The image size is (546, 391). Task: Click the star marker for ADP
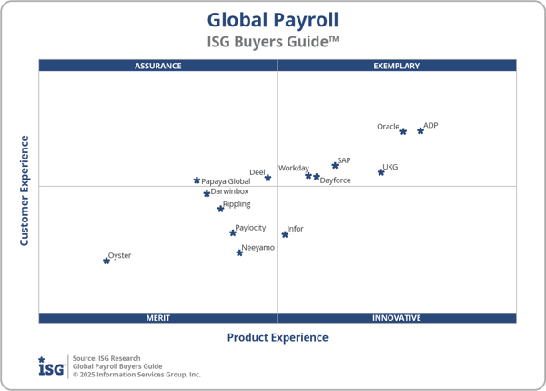pyautogui.click(x=420, y=131)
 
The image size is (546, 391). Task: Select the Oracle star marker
pyautogui.click(x=403, y=132)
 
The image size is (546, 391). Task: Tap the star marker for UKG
pyautogui.click(x=381, y=172)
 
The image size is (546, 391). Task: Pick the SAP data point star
pyautogui.click(x=335, y=166)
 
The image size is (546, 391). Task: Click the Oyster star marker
pyautogui.click(x=106, y=261)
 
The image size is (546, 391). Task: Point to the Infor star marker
pyautogui.click(x=285, y=234)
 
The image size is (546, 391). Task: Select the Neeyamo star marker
pyautogui.click(x=239, y=252)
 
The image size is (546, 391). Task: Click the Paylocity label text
pyautogui.click(x=251, y=228)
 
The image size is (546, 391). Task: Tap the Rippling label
pyautogui.click(x=238, y=204)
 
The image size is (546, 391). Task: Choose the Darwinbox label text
pyautogui.click(x=230, y=191)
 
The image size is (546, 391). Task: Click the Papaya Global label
pyautogui.click(x=226, y=181)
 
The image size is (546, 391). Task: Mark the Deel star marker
pyautogui.click(x=268, y=178)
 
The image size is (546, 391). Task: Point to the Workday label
pyautogui.click(x=294, y=168)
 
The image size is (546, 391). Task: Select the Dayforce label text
pyautogui.click(x=336, y=180)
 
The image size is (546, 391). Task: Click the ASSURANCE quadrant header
pyautogui.click(x=158, y=66)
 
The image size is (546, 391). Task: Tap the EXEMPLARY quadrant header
pyautogui.click(x=397, y=66)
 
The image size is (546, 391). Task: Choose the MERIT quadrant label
pyautogui.click(x=158, y=318)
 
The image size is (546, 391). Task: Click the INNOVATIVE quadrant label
pyautogui.click(x=397, y=318)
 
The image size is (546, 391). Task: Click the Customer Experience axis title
pyautogui.click(x=25, y=190)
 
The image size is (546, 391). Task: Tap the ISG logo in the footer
pyautogui.click(x=51, y=365)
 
